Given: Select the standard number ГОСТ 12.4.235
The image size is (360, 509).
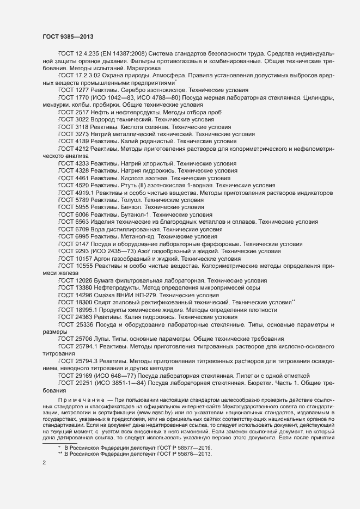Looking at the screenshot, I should (x=76, y=53).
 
